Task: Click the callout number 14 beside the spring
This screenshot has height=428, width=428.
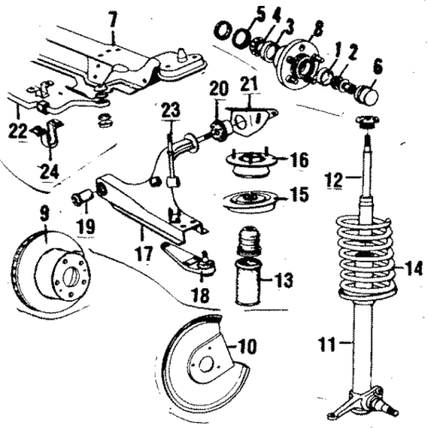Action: tap(413, 268)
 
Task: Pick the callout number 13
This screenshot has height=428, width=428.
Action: tap(286, 280)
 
